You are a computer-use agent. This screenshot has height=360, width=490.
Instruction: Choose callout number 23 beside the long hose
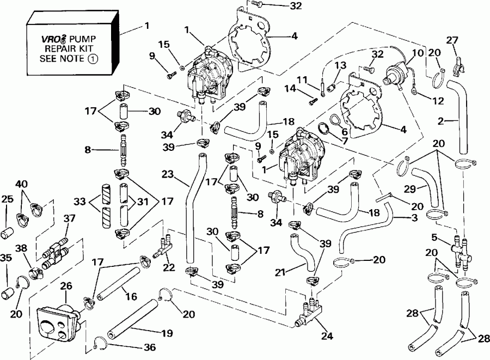(x=167, y=175)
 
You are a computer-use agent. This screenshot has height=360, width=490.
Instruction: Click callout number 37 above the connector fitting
(x=69, y=218)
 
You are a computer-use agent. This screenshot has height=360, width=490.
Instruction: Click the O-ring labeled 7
(x=322, y=129)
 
